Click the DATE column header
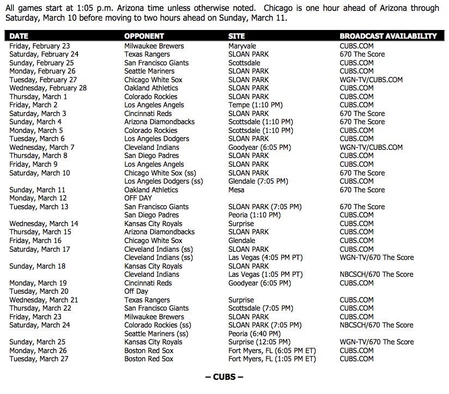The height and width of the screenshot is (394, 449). pos(19,36)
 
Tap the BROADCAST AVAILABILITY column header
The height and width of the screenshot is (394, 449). pos(388,36)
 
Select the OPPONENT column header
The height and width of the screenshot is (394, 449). pos(144,36)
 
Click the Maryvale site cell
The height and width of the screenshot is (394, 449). pos(242,46)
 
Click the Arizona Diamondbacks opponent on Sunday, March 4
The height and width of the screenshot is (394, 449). pos(159,122)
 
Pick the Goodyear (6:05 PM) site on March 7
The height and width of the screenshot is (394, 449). pos(259,147)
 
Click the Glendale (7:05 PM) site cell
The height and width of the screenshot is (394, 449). pos(258,181)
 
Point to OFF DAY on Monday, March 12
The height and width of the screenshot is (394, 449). pos(138,198)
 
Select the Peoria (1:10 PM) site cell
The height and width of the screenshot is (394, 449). pos(254,215)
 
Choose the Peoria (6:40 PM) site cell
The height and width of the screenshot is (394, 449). pos(254,334)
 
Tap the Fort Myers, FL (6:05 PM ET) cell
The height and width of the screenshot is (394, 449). pos(272,350)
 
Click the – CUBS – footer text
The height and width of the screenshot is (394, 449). pos(224,377)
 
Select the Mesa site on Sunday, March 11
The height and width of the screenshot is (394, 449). pos(236,190)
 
